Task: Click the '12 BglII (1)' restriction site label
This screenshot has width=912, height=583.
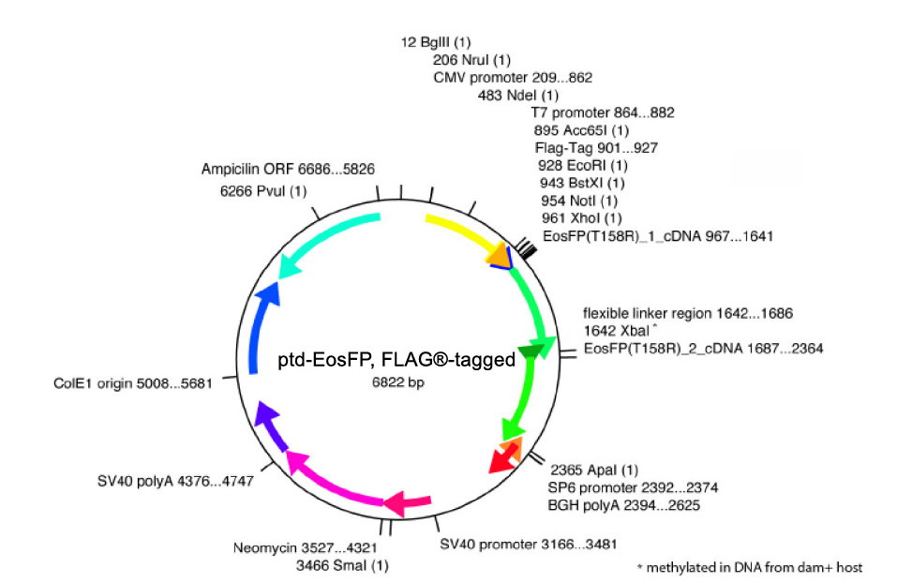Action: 437,43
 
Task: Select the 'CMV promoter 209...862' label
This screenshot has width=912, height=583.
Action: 513,78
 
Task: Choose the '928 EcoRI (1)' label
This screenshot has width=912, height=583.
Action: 583,166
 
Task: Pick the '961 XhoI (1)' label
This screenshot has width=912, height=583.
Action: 581,218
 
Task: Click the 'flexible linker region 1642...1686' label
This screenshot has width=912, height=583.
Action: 689,313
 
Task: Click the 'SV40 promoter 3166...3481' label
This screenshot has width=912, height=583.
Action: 528,544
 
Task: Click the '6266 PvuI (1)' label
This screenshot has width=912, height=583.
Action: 263,191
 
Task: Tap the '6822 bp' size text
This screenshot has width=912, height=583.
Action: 397,385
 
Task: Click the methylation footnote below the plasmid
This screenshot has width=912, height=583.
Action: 749,567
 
